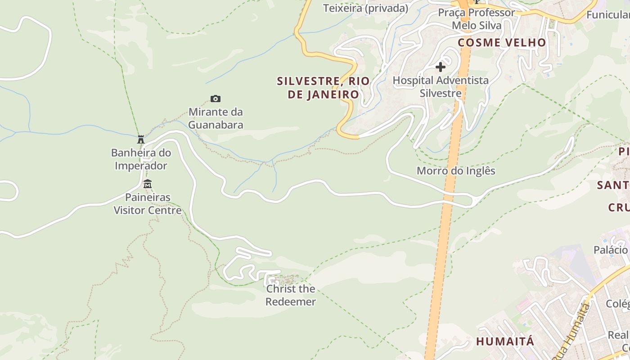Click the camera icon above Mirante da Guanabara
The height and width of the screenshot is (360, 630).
coord(216,99)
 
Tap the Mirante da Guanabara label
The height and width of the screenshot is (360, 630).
coord(216,118)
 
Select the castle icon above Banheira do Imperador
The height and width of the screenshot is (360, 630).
coord(141,139)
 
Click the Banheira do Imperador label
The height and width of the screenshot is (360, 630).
coord(141,159)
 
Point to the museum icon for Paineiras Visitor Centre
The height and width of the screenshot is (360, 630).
coord(147,184)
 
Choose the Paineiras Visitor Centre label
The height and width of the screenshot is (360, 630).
coord(148,204)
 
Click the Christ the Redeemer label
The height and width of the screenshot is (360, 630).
coord(290,295)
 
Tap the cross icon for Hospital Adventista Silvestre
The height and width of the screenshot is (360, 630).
coord(441,67)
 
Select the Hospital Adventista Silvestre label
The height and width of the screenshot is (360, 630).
coord(441,87)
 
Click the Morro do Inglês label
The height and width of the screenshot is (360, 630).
coord(456,171)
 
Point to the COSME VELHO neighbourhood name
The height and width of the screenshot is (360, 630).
coord(502,43)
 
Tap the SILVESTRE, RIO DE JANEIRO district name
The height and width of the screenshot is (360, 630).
coord(323,88)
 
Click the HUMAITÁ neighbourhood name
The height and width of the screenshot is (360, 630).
coord(505,342)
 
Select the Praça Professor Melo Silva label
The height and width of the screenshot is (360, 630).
coord(477,19)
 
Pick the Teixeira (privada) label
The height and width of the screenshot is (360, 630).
coord(365,8)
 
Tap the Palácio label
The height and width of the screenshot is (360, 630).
coord(611,250)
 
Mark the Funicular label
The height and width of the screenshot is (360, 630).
coord(608,15)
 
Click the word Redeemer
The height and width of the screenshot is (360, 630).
coord(290,302)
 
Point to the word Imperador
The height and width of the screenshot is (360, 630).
coord(141,166)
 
